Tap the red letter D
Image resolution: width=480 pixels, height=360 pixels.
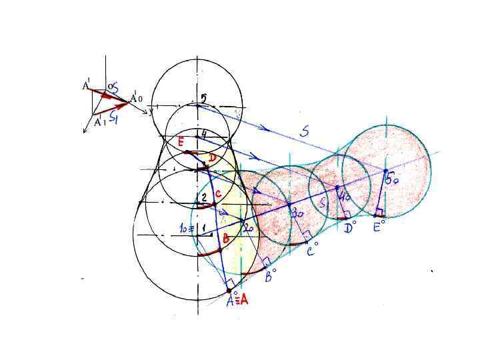pos(212,157)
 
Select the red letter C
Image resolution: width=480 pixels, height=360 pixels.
pos(217,192)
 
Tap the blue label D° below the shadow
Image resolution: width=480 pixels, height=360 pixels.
pos(349,227)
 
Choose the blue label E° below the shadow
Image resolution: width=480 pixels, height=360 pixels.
pos(377,227)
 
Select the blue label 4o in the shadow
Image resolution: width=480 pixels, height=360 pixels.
pos(345,197)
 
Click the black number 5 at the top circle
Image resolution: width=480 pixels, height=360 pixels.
pos(203,98)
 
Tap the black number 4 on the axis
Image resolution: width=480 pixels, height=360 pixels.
pos(203,134)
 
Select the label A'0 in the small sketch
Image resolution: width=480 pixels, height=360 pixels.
pos(136,98)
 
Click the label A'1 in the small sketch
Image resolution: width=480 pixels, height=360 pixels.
pos(98,122)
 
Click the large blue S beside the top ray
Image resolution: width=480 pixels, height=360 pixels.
pos(304,131)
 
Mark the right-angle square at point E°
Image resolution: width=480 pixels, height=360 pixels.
pos(378,213)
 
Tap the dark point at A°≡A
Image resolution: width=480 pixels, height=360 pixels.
pos(229,291)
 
